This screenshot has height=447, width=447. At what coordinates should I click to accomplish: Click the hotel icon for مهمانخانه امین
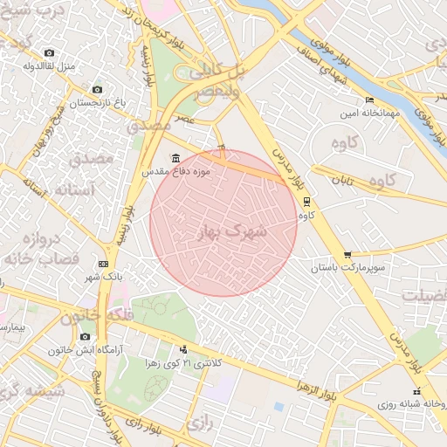click(369, 100)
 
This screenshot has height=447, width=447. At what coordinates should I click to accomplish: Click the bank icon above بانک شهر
click(104, 264)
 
